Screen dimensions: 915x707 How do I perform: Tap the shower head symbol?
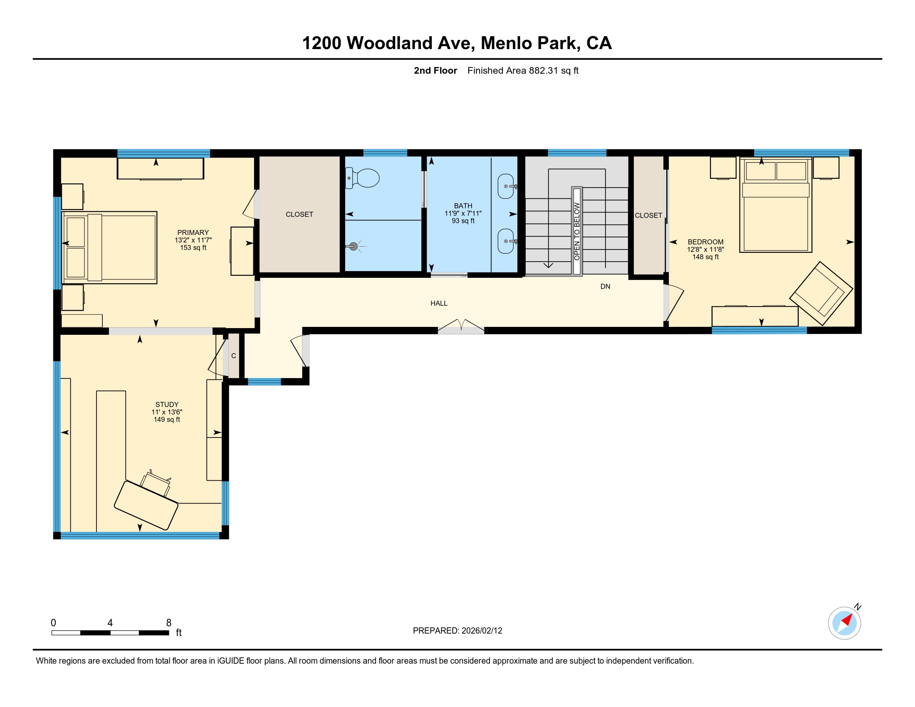353,246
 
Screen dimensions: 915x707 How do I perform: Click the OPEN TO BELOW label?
576,231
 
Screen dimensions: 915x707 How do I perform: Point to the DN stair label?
605,287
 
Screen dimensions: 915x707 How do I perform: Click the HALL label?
439,303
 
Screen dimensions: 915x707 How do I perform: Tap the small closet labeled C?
233,356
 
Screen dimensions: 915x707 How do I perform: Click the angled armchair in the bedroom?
821,293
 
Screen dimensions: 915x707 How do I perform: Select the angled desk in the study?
146,505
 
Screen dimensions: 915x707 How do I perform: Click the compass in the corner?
844,623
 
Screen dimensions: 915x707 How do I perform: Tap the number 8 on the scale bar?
169,623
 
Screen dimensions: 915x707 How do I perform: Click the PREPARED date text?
457,631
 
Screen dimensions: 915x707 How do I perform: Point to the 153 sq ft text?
193,247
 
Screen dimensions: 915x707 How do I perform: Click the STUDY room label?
167,405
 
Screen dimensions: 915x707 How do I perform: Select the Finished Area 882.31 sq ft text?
523,70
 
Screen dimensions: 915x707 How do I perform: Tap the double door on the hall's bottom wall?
461,327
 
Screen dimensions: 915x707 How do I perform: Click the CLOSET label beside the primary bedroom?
299,215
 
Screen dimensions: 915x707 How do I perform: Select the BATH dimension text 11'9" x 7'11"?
463,213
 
